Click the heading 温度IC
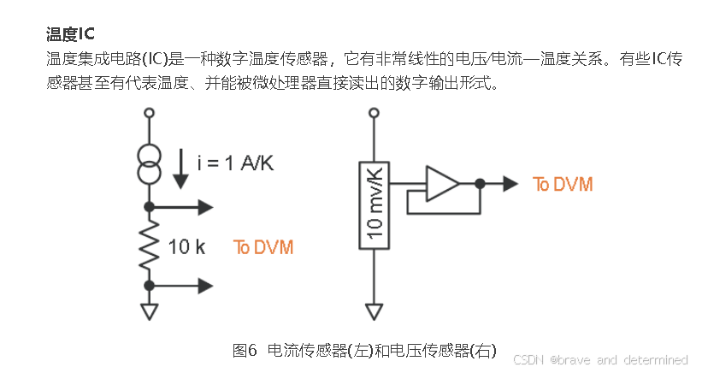click(x=70, y=34)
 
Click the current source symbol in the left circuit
click(x=149, y=163)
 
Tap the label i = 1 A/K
click(x=235, y=163)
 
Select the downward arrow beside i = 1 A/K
click(x=180, y=169)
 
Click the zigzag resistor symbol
click(x=149, y=245)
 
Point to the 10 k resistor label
click(x=186, y=247)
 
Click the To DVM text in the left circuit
click(x=263, y=247)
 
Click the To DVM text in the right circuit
click(x=563, y=184)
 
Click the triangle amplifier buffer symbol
click(x=443, y=183)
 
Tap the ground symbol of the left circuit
click(x=149, y=311)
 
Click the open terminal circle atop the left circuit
click(x=149, y=113)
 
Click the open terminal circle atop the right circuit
click(x=374, y=113)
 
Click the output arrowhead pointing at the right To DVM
click(x=510, y=183)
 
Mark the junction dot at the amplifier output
click(x=480, y=183)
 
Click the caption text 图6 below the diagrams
click(x=245, y=350)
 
